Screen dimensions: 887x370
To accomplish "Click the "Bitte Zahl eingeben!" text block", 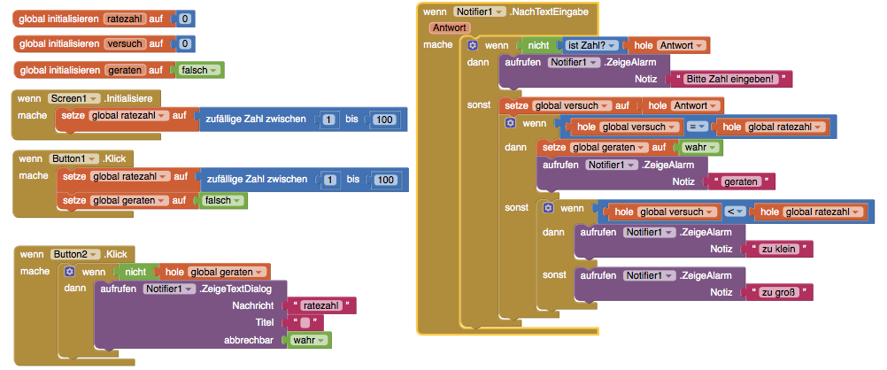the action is click(731, 79).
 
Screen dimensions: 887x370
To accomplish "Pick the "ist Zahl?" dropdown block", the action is click(589, 45).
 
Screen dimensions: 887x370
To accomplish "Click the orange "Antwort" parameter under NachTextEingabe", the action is click(451, 27).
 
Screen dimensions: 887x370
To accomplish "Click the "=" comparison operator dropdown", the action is click(696, 127).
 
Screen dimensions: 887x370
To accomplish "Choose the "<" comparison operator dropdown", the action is click(734, 212).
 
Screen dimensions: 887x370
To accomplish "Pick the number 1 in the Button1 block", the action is click(331, 180).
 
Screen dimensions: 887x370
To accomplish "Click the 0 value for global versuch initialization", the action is click(185, 43).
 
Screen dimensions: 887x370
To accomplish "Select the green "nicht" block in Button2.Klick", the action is click(135, 272).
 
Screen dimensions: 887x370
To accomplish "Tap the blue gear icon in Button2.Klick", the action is click(70, 272).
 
